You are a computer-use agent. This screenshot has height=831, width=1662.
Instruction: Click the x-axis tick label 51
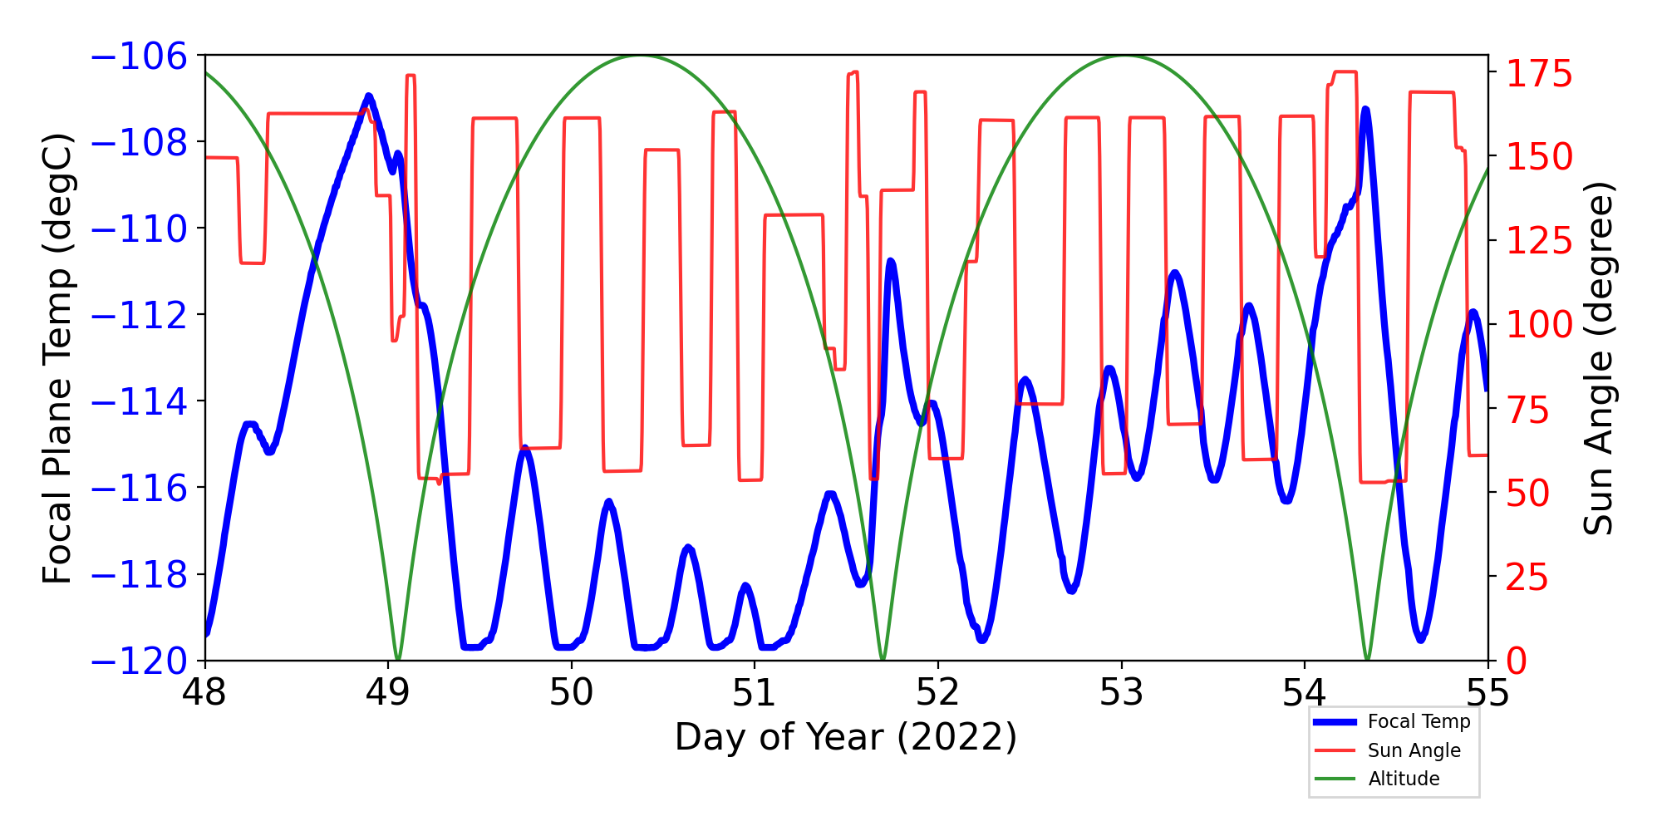(x=755, y=693)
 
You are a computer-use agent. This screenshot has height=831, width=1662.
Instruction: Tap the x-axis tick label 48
(x=204, y=693)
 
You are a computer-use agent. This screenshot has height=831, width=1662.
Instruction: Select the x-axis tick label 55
(x=1487, y=693)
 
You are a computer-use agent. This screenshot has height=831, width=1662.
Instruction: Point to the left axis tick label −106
(x=139, y=57)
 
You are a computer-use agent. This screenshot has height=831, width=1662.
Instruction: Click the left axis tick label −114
(x=139, y=402)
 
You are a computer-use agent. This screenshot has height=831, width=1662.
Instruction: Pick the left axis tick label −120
(x=139, y=662)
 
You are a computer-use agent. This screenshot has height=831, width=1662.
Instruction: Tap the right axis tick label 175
(x=1539, y=75)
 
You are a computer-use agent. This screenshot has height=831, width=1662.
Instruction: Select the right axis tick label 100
(x=1539, y=325)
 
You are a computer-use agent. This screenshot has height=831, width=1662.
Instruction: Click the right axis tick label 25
(x=1527, y=578)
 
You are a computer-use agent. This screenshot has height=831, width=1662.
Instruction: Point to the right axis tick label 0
(x=1517, y=662)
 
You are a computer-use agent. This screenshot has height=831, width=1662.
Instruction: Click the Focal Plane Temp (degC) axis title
(x=58, y=359)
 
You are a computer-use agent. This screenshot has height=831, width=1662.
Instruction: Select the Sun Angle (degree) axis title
(x=1597, y=359)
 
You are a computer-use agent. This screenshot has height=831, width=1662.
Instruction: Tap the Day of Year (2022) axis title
(x=845, y=737)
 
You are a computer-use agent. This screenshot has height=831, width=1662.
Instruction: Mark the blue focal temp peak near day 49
(x=369, y=96)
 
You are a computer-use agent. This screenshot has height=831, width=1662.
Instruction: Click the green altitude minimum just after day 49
(x=398, y=659)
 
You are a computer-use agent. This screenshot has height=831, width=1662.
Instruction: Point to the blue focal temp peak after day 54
(x=1365, y=110)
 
